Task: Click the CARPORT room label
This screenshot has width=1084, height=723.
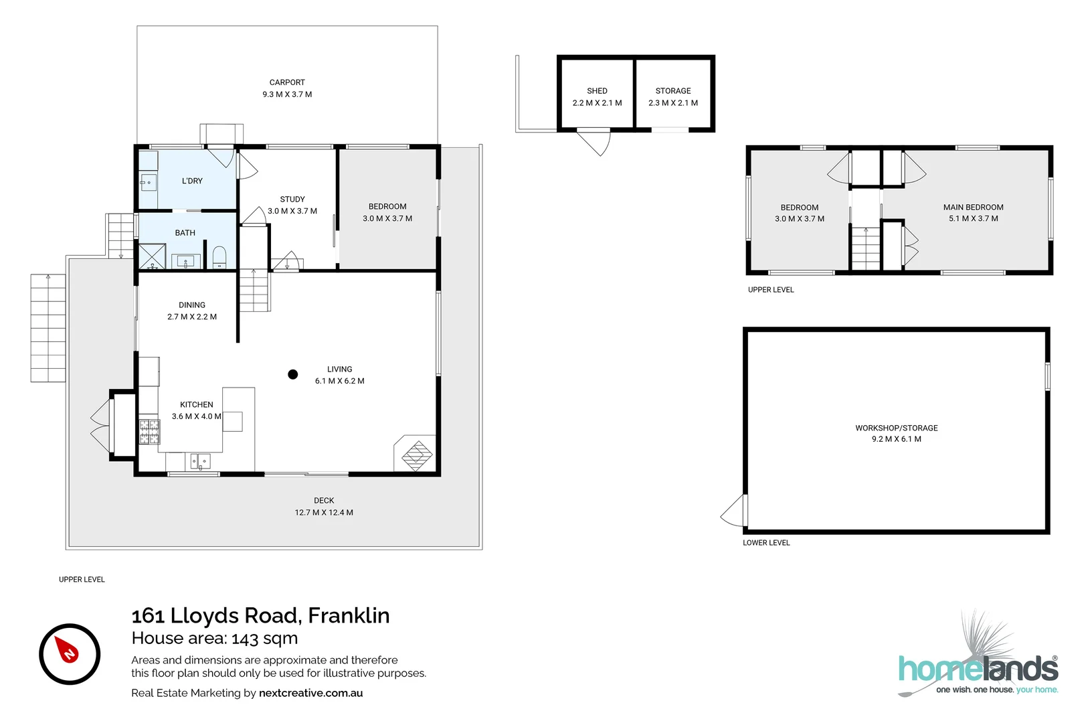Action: pos(287,82)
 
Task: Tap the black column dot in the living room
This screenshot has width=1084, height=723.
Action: pos(292,374)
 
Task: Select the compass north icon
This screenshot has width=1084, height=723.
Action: pos(70,654)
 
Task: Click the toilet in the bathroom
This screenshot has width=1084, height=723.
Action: pos(219,257)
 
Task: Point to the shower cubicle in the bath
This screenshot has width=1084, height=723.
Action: pos(152,256)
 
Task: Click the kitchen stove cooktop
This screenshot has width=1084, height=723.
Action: pos(149,432)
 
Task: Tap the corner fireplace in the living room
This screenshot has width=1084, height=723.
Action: pos(417,455)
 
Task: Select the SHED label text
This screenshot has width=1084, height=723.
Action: pos(597,91)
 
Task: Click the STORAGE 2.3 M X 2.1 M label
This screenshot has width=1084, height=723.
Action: pos(672,97)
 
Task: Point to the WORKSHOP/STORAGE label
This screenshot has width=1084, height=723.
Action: pos(896,428)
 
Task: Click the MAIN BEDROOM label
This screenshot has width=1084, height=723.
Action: pos(973,208)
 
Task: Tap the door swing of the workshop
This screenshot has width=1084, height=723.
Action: pos(735,512)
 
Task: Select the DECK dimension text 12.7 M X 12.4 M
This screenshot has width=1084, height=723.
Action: pos(324,513)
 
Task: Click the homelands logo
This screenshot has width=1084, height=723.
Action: pos(978,668)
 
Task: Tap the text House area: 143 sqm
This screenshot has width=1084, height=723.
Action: pos(215,639)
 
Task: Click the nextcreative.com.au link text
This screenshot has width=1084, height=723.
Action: pos(310,693)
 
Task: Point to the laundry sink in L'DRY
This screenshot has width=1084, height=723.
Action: pos(148,182)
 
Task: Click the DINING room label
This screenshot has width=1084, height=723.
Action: pos(192,305)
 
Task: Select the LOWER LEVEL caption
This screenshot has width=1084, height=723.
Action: pos(766,543)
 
